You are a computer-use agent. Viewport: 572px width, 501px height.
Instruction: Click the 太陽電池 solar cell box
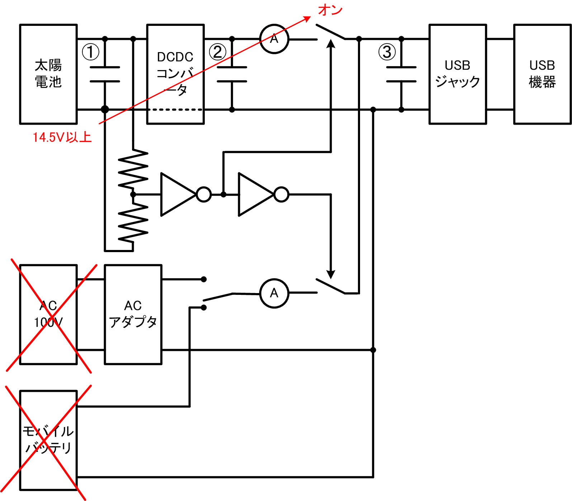tap(48, 74)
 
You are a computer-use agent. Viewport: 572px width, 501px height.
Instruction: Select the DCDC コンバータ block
tap(175, 74)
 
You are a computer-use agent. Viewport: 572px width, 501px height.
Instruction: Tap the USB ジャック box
tap(458, 74)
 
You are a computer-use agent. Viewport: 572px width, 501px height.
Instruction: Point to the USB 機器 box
tap(542, 74)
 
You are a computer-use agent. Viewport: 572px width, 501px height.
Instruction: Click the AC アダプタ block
tap(133, 314)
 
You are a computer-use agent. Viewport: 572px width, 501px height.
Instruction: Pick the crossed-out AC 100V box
tap(48, 314)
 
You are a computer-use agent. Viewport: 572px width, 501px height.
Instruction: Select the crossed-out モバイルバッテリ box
tap(48, 440)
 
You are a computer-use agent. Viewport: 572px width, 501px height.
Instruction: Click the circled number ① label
tap(90, 52)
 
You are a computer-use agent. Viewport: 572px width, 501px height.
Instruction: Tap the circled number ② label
tap(218, 52)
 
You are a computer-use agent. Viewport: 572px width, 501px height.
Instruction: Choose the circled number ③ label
tap(387, 52)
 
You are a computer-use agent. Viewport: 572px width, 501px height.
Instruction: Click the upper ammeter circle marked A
tap(274, 39)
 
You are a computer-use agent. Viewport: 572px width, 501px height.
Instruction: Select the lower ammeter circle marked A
tap(274, 293)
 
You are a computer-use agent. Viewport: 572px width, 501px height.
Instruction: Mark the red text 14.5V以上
tap(62, 137)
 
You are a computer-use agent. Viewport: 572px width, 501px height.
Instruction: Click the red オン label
tap(330, 10)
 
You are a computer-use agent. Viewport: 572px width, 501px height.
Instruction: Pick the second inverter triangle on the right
tap(256, 194)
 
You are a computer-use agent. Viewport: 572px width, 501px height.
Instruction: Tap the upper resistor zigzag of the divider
tap(133, 169)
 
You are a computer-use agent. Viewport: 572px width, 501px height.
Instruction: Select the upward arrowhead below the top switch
tap(331, 44)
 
